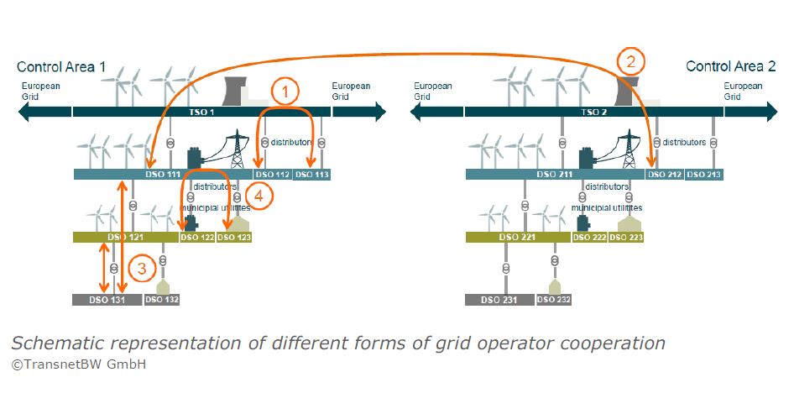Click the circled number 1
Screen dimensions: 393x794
click(285, 90)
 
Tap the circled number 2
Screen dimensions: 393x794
click(631, 61)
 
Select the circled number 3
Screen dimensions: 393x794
click(143, 269)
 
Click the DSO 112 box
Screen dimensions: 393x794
click(272, 175)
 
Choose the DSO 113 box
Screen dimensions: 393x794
click(311, 175)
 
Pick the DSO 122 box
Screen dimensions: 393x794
click(196, 238)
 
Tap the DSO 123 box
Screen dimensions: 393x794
click(234, 238)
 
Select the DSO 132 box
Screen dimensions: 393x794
click(162, 299)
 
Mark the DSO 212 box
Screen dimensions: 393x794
click(664, 175)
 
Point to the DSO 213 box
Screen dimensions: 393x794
click(703, 175)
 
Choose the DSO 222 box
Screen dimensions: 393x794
click(589, 238)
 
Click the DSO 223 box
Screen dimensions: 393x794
click(626, 238)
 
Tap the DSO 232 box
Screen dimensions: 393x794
click(554, 299)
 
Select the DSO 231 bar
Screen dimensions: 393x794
click(499, 299)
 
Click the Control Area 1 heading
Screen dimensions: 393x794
click(61, 66)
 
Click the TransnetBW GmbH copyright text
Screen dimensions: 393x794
click(79, 364)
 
